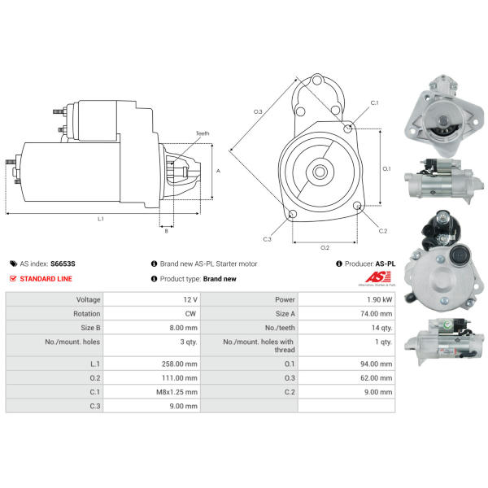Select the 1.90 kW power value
click(x=379, y=300)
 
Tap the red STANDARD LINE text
click(x=46, y=278)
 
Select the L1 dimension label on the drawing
click(x=101, y=219)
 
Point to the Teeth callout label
click(x=203, y=133)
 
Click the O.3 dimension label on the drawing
click(x=258, y=111)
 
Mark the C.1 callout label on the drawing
click(x=374, y=102)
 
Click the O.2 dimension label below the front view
click(x=325, y=246)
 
